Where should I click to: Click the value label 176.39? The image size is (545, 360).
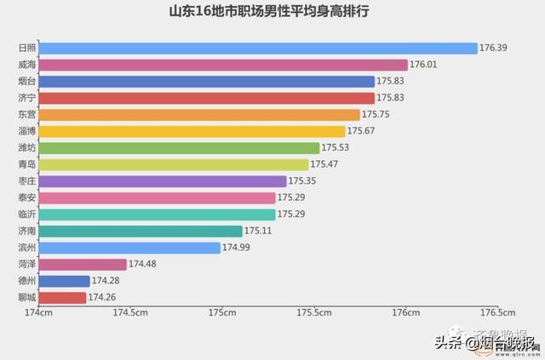pyautogui.click(x=493, y=49)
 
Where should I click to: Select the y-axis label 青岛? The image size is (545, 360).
pyautogui.click(x=26, y=164)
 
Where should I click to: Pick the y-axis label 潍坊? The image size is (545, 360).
pyautogui.click(x=26, y=148)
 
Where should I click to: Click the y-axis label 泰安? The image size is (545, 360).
pyautogui.click(x=26, y=197)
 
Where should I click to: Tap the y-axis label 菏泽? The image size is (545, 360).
pyautogui.click(x=26, y=265)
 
